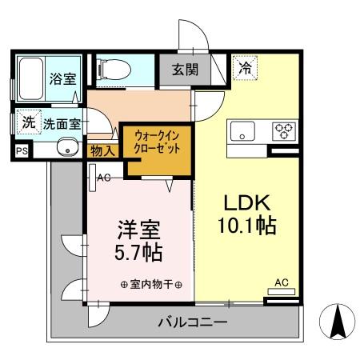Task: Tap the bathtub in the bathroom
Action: (32, 78)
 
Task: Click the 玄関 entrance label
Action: (184, 70)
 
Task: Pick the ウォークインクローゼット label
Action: (156, 145)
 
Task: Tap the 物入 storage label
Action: (103, 150)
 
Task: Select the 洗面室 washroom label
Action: (61, 124)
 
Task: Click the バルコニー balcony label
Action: (192, 324)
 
